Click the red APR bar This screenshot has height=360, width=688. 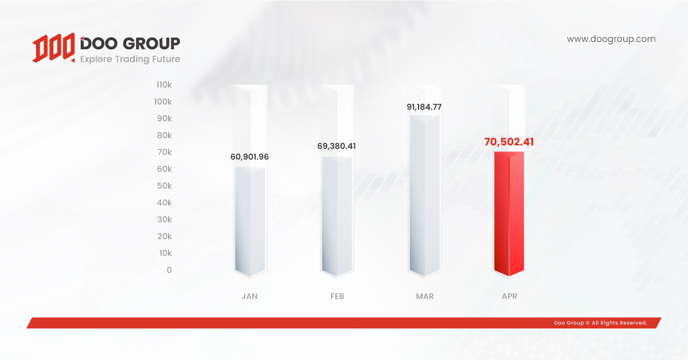(x=509, y=213)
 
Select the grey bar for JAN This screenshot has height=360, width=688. (x=249, y=220)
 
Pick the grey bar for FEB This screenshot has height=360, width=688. (x=337, y=215)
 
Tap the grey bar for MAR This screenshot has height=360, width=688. (x=424, y=195)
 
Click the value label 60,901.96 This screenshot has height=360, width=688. (x=249, y=156)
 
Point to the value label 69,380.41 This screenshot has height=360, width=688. (x=337, y=146)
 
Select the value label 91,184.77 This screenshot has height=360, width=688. (x=424, y=107)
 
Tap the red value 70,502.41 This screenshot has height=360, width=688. (x=509, y=142)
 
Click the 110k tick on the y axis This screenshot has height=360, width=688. (x=164, y=85)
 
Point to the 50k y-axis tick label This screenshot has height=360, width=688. (x=164, y=186)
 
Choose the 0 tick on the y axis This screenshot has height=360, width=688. (x=169, y=270)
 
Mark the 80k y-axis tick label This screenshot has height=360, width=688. (x=164, y=135)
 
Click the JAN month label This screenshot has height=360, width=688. (x=249, y=296)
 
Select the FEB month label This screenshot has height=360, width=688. (x=337, y=296)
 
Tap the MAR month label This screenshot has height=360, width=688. (x=425, y=296)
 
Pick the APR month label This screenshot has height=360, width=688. (x=509, y=296)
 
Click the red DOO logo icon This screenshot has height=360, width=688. (x=53, y=48)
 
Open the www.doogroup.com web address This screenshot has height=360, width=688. (x=611, y=39)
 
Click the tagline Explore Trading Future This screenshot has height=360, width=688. (x=130, y=59)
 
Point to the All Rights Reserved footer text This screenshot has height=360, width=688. (x=600, y=323)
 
